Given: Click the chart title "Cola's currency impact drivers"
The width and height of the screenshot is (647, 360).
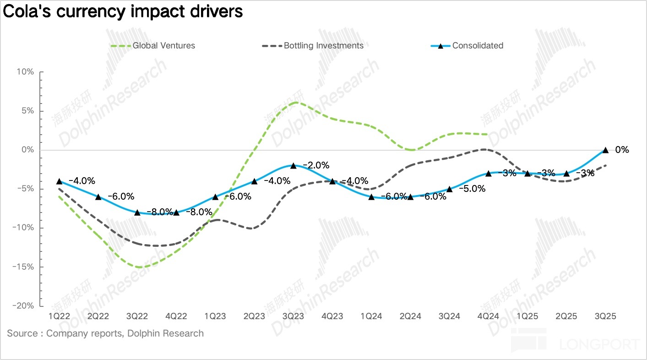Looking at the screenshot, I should pos(122,11).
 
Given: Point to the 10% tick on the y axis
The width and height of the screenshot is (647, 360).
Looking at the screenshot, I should pos(25,72).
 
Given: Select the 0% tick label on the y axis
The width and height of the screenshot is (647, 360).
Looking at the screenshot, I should pos(27,150).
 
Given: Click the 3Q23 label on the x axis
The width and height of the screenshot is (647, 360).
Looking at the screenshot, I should pos(294,317).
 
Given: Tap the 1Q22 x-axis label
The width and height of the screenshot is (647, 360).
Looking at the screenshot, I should pos(59,317).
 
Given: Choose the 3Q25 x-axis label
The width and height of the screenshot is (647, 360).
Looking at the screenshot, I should pos(605,317).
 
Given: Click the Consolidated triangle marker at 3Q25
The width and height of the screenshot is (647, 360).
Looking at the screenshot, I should pos(605,150).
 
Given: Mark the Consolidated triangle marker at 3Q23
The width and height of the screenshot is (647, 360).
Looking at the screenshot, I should pos(294,165).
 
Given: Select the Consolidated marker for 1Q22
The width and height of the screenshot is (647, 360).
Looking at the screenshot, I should pos(59,181).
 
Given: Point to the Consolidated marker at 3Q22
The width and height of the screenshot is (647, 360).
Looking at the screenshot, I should pos(137,212).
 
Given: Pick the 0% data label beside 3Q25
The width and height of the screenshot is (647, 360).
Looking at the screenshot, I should pos(622,150).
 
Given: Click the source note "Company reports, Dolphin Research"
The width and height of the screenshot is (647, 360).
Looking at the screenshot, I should pos(125,333).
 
